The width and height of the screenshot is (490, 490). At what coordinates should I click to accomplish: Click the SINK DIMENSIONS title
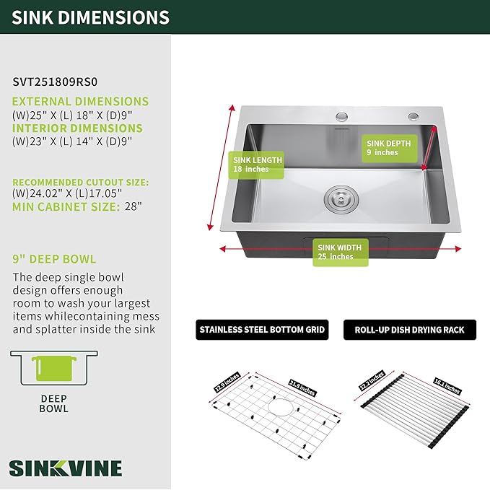90,17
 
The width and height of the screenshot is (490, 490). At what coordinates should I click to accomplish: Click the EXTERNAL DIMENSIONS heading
80,102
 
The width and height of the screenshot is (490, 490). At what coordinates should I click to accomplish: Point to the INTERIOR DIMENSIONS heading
77,128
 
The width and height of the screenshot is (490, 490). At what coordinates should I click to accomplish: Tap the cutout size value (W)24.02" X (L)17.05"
66,193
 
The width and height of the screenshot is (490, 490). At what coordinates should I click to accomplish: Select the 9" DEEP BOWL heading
54,258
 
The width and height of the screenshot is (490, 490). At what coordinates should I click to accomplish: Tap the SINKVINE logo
66,467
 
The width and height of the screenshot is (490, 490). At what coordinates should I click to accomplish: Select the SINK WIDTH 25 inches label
340,252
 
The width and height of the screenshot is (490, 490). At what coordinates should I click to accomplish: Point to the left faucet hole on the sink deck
341,117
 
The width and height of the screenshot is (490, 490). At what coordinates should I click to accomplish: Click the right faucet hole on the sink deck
413,117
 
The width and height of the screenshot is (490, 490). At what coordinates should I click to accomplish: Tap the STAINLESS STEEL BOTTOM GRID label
263,331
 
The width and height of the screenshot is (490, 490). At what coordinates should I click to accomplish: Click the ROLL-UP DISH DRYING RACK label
409,331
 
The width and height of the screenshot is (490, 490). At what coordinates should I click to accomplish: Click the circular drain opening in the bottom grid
277,411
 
